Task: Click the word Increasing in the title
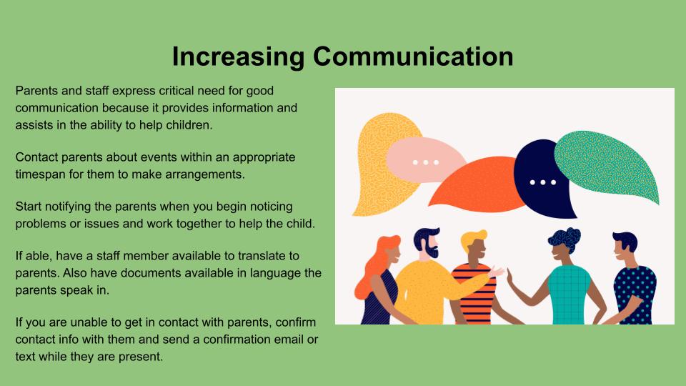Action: coord(238,57)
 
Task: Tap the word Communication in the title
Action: coord(413,56)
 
